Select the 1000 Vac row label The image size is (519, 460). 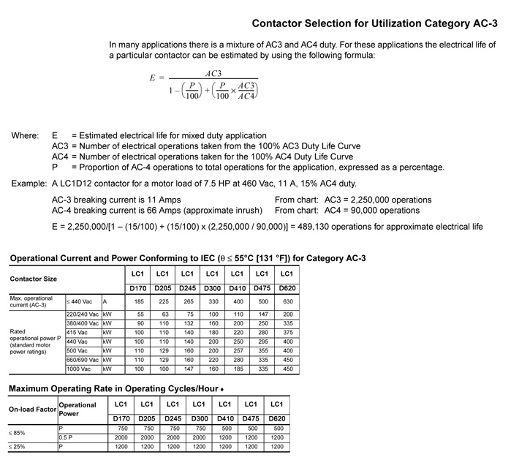point(78,369)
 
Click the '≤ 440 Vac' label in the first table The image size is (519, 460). point(80,301)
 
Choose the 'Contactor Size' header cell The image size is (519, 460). point(34,279)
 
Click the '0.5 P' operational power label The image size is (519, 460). point(67,437)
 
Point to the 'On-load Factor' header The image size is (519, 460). point(33,410)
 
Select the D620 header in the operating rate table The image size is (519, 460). point(277,418)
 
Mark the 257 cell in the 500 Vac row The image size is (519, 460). point(237,350)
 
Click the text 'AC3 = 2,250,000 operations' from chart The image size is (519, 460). point(353,200)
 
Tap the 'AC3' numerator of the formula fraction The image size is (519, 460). point(213,74)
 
